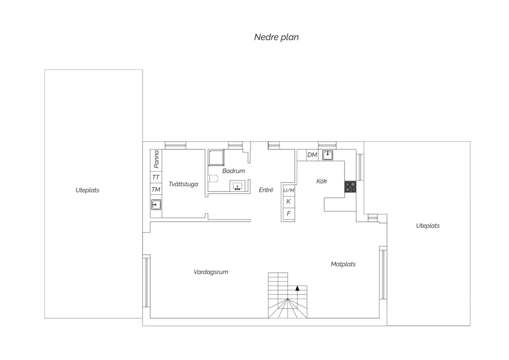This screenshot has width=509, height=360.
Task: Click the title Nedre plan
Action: [276, 37]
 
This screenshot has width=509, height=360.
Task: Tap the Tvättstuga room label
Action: [183, 184]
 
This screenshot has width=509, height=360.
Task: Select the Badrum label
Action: [233, 171]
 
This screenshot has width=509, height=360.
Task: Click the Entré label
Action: [266, 190]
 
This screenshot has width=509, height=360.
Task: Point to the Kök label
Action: [322, 181]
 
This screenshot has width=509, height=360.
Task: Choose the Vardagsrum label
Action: [211, 272]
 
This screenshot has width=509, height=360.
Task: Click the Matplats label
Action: [343, 264]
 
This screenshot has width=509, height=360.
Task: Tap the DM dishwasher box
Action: [312, 155]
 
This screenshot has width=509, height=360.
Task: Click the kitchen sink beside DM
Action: [327, 155]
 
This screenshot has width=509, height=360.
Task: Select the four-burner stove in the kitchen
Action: [350, 187]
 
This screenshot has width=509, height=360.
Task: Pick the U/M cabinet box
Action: [289, 190]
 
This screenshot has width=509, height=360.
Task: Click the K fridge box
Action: [289, 202]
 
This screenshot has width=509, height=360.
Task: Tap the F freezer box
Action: [289, 214]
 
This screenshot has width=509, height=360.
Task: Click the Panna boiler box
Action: [156, 160]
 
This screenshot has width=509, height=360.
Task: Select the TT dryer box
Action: [156, 177]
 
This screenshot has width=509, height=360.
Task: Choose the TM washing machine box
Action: [156, 189]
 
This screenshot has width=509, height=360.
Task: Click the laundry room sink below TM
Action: [156, 205]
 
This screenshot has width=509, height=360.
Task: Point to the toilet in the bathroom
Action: [213, 179]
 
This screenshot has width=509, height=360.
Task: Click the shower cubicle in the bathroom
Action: [216, 157]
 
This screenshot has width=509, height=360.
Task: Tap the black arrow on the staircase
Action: [297, 288]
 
